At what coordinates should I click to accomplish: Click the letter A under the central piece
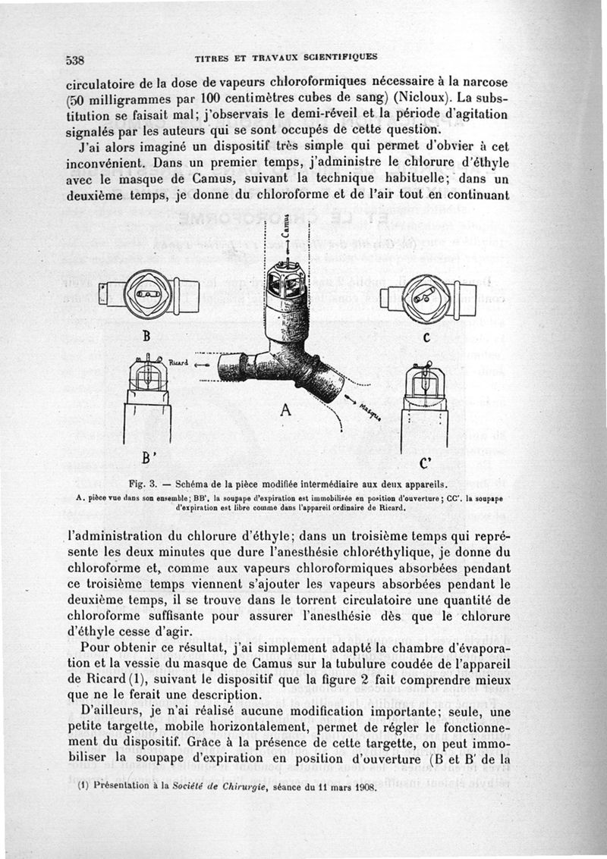point(285,411)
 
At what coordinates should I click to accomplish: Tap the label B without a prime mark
point(143,335)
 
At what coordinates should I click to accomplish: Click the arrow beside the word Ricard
point(200,364)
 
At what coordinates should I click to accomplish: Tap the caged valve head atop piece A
point(286,282)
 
